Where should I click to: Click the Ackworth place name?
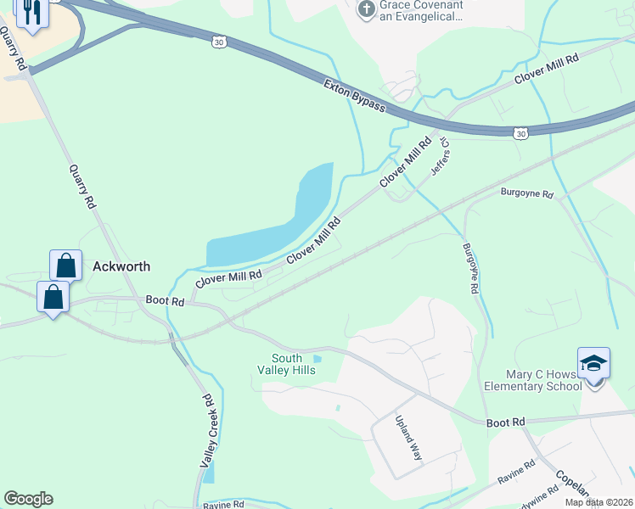click(121, 266)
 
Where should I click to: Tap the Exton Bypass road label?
click(354, 96)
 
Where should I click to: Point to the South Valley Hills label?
click(287, 364)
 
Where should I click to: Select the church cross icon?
click(366, 9)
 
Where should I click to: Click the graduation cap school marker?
click(593, 363)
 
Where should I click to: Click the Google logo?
click(28, 499)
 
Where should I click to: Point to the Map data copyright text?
click(598, 502)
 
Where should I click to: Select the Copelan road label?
click(571, 484)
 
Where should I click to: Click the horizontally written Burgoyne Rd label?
click(526, 193)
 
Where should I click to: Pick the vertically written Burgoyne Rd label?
click(469, 268)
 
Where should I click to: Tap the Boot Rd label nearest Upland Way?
click(506, 422)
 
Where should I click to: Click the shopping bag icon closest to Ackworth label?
click(66, 266)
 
